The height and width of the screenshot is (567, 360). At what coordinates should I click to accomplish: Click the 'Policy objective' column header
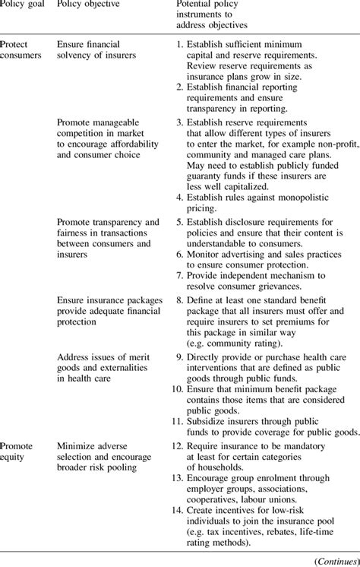(x=89, y=6)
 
